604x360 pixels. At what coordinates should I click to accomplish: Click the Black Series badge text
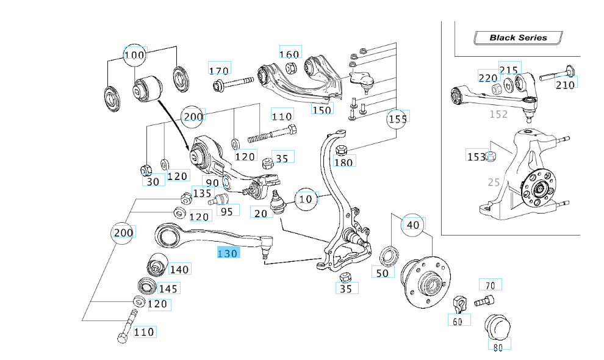click(x=518, y=37)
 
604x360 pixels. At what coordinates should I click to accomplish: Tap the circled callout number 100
click(x=134, y=56)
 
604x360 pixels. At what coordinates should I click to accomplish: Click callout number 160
click(x=289, y=54)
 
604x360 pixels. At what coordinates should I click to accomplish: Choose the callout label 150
click(x=322, y=109)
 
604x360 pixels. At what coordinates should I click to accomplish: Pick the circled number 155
click(x=397, y=119)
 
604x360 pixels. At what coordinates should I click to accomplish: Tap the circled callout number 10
click(x=306, y=198)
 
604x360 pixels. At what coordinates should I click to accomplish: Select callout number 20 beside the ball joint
click(x=261, y=212)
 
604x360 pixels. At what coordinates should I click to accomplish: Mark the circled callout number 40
click(x=413, y=225)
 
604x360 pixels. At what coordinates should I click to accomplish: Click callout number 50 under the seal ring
click(x=382, y=272)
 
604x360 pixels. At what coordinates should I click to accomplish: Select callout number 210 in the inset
click(x=565, y=84)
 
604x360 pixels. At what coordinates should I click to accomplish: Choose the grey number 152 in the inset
click(x=499, y=113)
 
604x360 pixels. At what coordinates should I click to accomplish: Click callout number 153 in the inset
click(x=476, y=157)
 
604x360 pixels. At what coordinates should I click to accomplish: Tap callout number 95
click(x=226, y=212)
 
